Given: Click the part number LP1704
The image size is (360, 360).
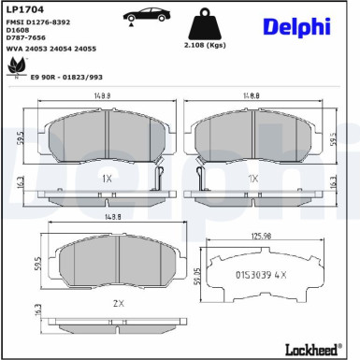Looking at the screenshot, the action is (x=25, y=9).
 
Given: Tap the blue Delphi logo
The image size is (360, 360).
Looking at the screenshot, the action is (x=296, y=27).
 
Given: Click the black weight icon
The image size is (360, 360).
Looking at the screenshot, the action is (x=205, y=24).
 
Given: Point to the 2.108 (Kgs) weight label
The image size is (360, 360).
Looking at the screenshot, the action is (x=205, y=45).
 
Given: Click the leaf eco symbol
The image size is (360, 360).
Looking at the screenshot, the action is (x=17, y=67).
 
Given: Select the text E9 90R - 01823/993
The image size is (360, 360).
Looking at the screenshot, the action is (x=66, y=77).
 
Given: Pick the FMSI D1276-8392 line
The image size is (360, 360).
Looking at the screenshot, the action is (x=38, y=22).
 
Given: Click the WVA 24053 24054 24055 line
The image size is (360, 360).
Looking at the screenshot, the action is (x=51, y=49).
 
